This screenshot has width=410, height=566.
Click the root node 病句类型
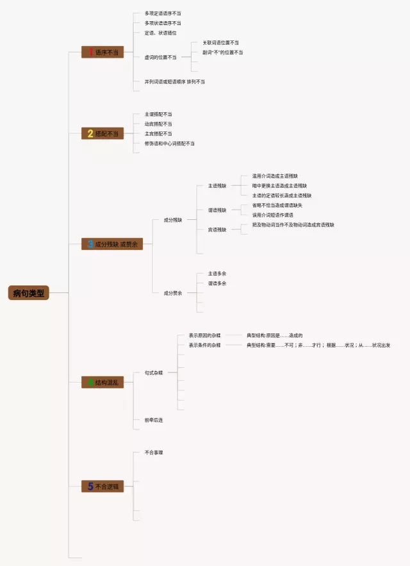pos(29,293)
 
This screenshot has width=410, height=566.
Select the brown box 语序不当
pos(102,53)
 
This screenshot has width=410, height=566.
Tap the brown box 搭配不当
pos(102,133)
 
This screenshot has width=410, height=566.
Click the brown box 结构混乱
pos(102,383)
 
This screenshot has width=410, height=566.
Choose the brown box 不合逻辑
pos(102,487)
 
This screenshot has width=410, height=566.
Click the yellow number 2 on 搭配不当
pos(90,133)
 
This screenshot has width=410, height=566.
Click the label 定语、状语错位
pos(160,33)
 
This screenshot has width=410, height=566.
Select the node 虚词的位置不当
pos(160,57)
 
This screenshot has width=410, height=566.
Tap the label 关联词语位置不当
pos(221,42)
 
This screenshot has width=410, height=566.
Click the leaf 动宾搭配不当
pos(158,124)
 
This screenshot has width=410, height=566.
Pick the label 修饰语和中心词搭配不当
pos(169,144)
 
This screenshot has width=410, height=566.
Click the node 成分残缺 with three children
pos(173,220)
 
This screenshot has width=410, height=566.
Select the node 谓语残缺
pos(217,210)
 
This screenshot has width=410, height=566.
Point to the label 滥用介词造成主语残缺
pos(275,176)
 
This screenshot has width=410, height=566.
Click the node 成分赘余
pos(173,293)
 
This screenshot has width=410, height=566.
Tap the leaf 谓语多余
pos(217,283)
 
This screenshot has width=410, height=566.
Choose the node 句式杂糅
pos(154,372)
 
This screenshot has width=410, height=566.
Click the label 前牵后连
pos(154,420)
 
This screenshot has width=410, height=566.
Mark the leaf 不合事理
pos(154,453)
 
